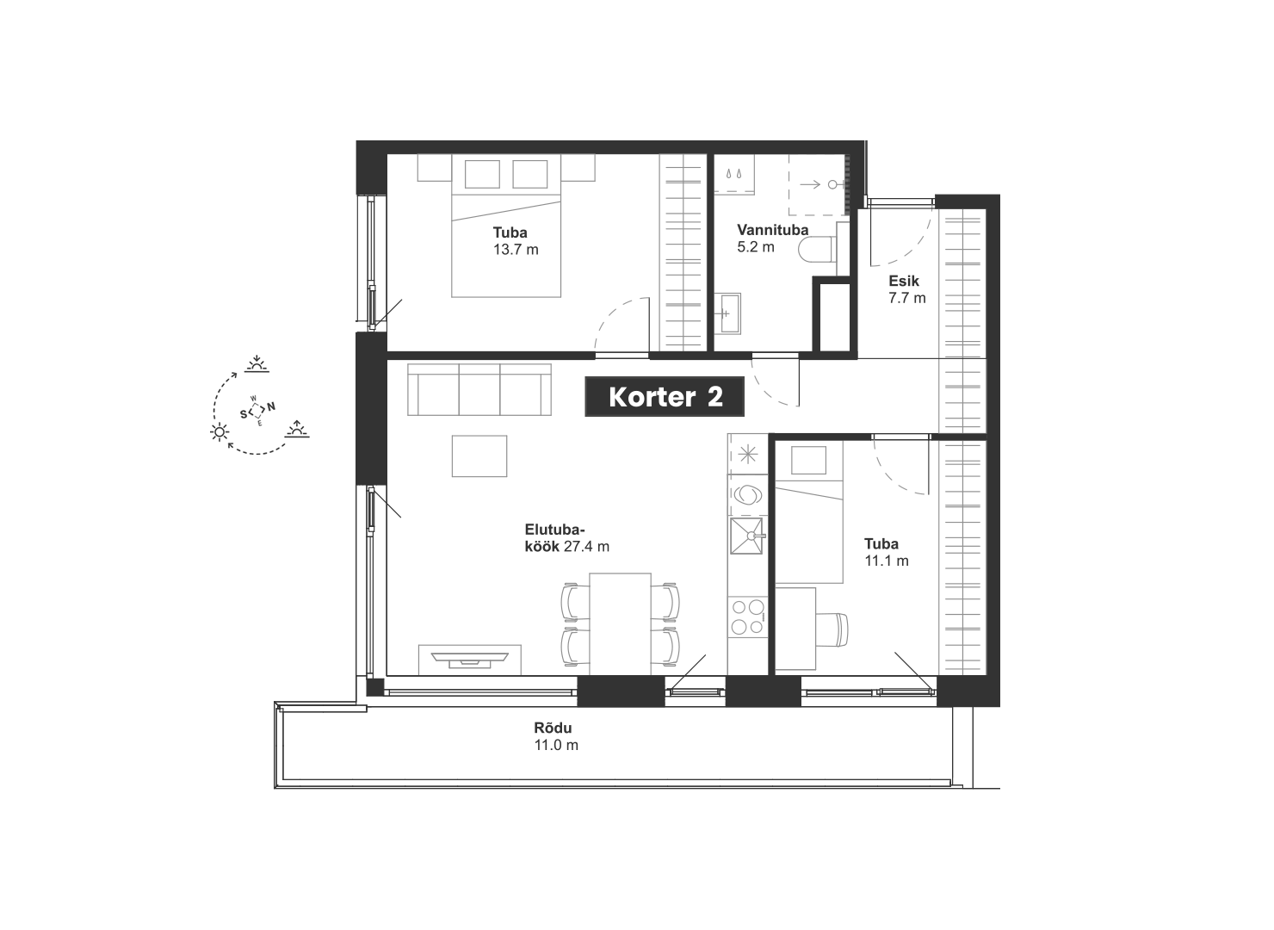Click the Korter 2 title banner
[x=665, y=396]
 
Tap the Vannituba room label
[x=772, y=230]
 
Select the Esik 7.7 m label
[x=907, y=289]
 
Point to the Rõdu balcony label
[x=553, y=728]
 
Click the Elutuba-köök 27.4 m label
[x=566, y=538]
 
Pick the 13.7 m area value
[x=516, y=250]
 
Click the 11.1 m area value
[x=887, y=561]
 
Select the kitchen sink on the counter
[x=746, y=536]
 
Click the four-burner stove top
[x=747, y=617]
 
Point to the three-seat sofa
[x=479, y=389]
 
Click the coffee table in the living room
[x=479, y=456]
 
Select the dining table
[x=620, y=624]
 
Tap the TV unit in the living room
[x=470, y=660]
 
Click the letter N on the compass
[x=272, y=406]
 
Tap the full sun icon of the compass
[x=220, y=432]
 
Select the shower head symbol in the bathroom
[x=832, y=184]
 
